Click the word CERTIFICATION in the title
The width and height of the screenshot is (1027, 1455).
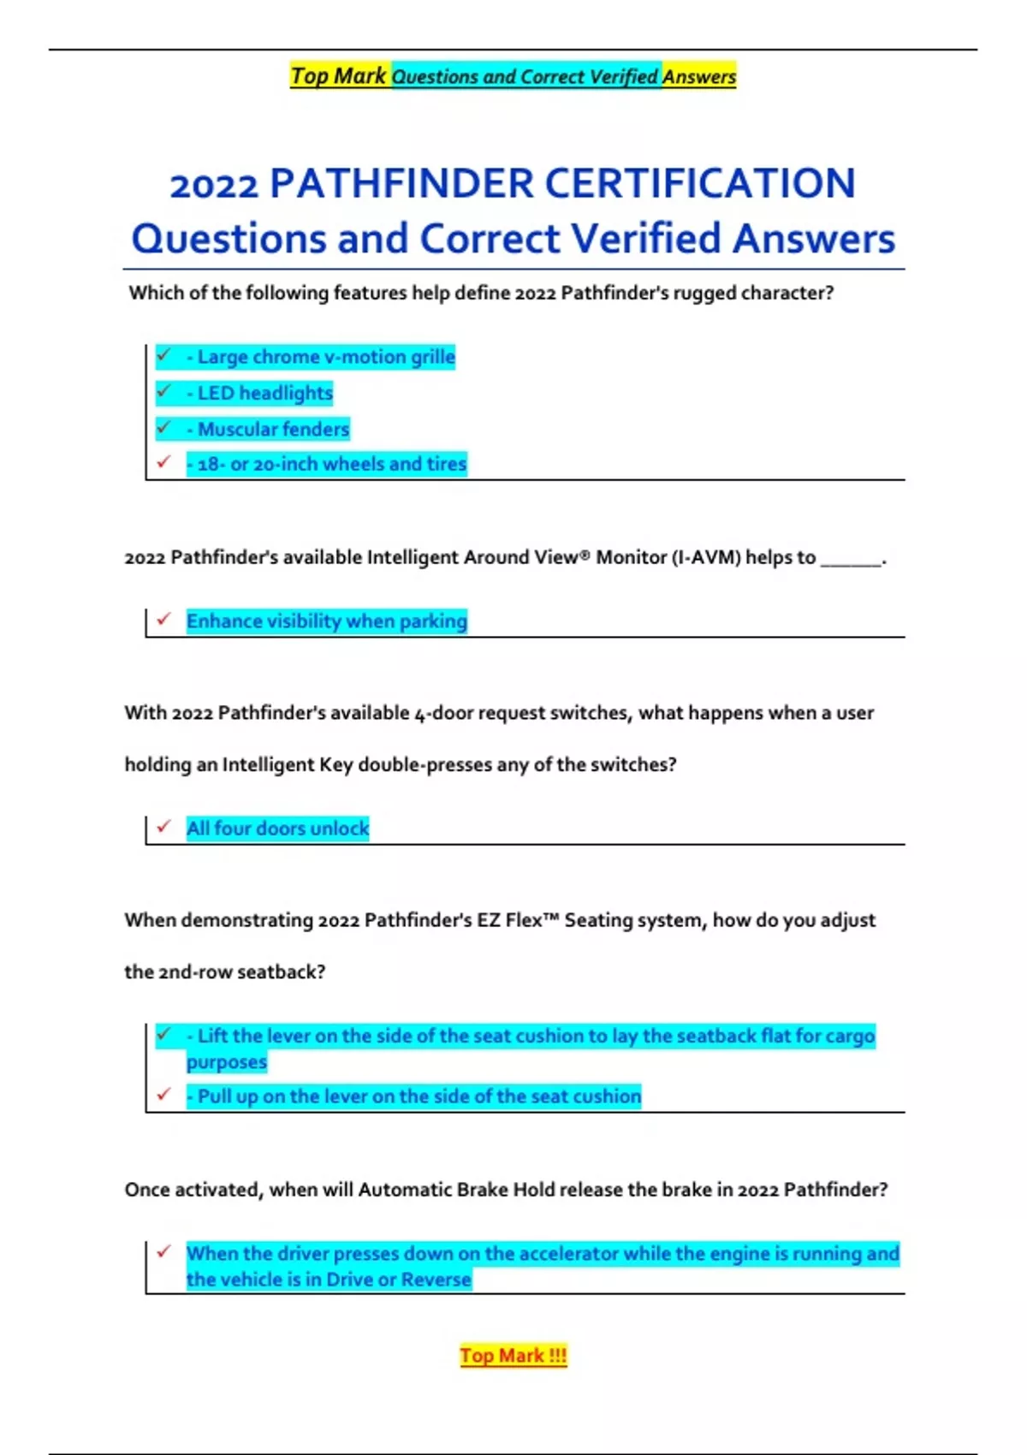(699, 183)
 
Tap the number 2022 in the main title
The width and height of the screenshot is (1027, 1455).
(213, 186)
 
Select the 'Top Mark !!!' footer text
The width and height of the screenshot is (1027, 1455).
(513, 1356)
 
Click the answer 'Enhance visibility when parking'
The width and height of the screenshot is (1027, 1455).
(326, 621)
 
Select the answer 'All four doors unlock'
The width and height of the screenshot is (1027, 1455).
(277, 828)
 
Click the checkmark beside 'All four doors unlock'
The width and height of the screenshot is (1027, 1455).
(163, 827)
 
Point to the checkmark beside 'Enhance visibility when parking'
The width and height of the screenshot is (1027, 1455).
(163, 619)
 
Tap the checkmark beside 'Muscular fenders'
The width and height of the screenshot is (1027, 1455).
(163, 427)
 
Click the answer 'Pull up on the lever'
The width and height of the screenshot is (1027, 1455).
(414, 1096)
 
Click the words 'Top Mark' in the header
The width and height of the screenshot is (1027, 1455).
(338, 76)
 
